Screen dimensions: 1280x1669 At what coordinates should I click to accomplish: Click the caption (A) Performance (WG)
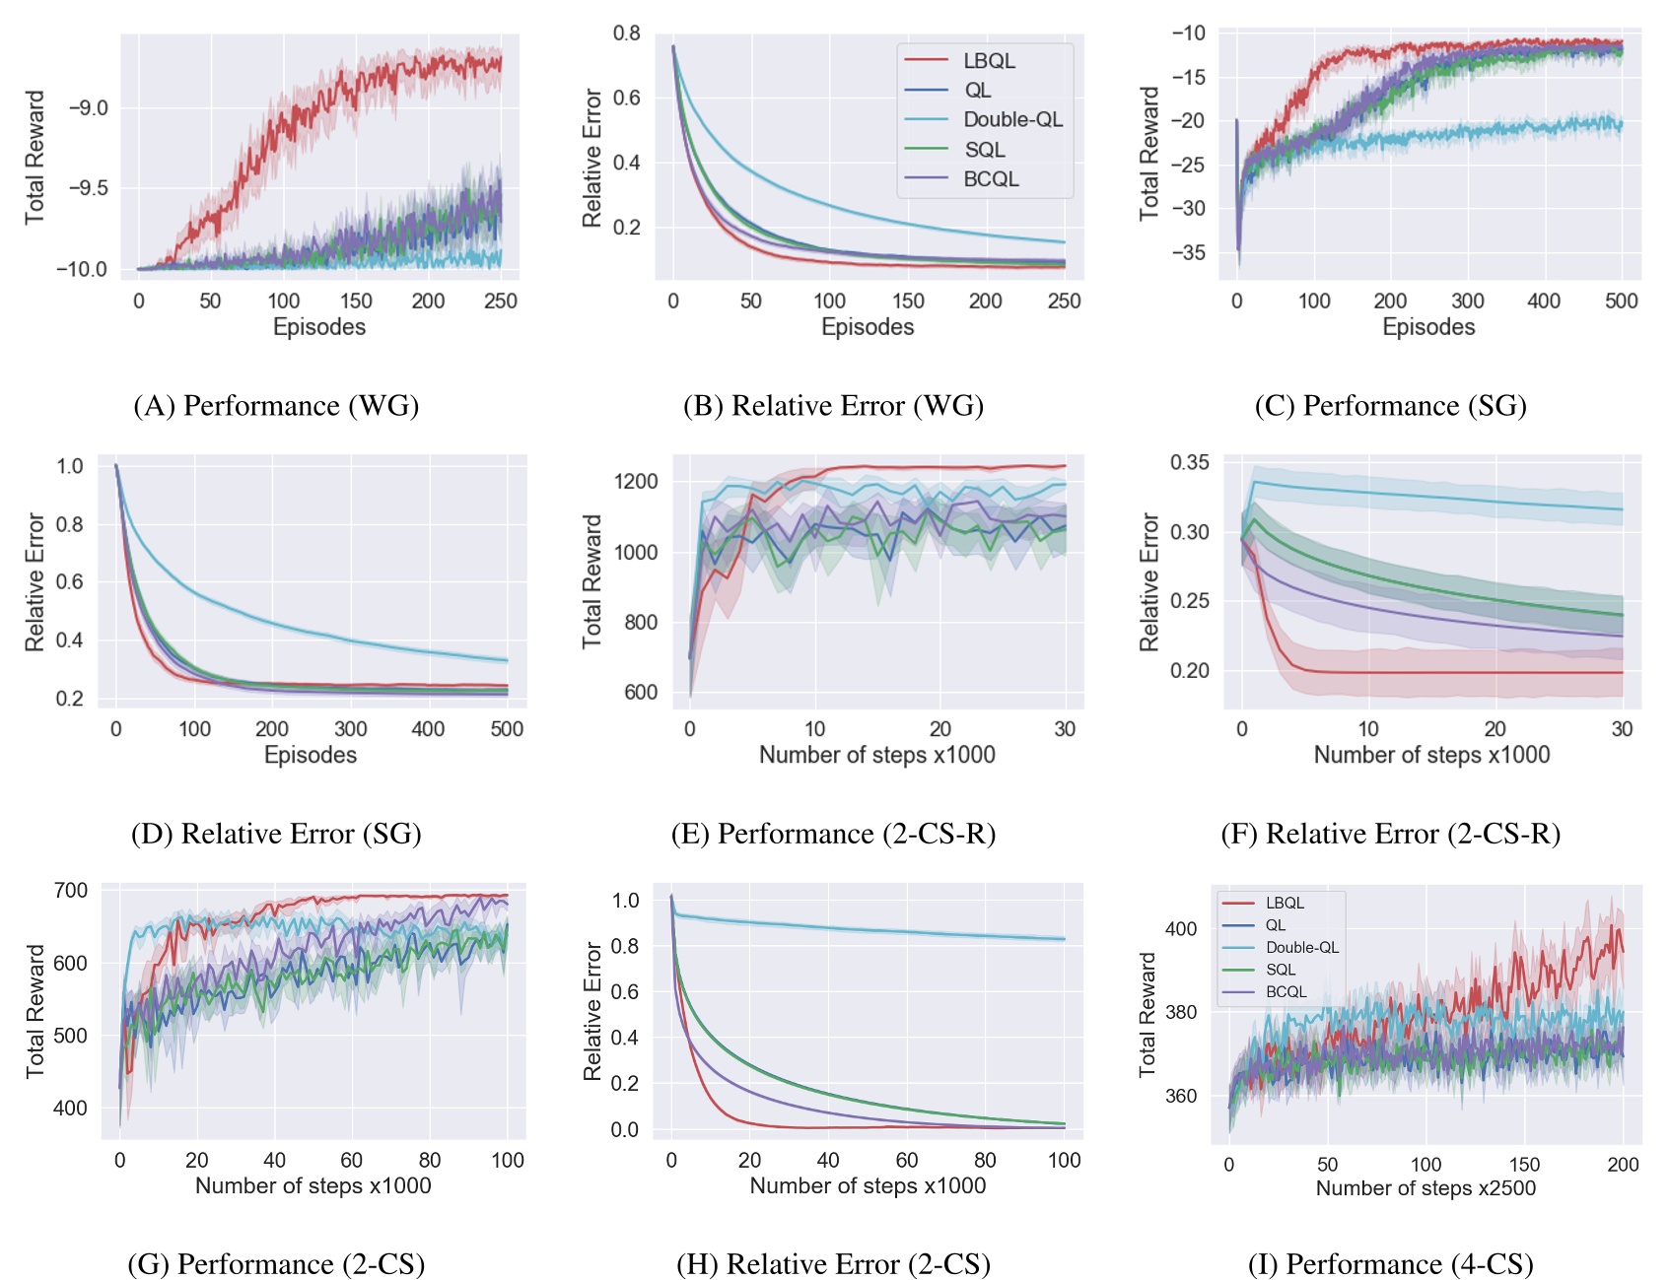pyautogui.click(x=276, y=406)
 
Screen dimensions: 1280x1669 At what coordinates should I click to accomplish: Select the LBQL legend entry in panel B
pyautogui.click(x=989, y=61)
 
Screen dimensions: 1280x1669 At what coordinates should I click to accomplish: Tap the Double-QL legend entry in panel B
pyautogui.click(x=1012, y=120)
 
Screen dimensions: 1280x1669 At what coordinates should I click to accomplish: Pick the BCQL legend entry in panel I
pyautogui.click(x=1286, y=991)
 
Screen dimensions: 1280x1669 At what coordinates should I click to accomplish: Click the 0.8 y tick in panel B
pyautogui.click(x=626, y=34)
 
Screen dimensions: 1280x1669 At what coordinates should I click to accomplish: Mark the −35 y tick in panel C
pyautogui.click(x=1187, y=252)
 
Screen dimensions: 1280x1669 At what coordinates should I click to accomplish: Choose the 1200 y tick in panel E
pyautogui.click(x=635, y=482)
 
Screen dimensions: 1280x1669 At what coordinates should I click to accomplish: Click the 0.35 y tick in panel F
pyautogui.click(x=1189, y=463)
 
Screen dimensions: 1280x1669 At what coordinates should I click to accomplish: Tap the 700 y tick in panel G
pyautogui.click(x=71, y=891)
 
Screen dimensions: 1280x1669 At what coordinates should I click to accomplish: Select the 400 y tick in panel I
pyautogui.click(x=1181, y=928)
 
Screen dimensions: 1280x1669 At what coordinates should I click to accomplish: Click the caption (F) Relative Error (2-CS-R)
pyautogui.click(x=1390, y=834)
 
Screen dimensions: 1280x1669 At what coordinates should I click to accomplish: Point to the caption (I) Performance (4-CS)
pyautogui.click(x=1390, y=1264)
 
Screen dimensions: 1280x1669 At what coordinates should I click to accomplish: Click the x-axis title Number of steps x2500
pyautogui.click(x=1426, y=1188)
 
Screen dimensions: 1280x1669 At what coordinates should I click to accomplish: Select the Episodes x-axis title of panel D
pyautogui.click(x=311, y=755)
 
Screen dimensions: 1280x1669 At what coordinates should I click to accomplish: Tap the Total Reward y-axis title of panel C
pyautogui.click(x=1149, y=153)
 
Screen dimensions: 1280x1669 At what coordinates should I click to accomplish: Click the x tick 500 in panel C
pyautogui.click(x=1621, y=302)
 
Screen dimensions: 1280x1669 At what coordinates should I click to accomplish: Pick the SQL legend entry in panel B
pyautogui.click(x=984, y=150)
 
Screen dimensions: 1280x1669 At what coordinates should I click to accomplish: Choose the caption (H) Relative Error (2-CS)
pyautogui.click(x=833, y=1264)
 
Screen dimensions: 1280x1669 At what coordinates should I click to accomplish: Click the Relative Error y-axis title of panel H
pyautogui.click(x=591, y=1012)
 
